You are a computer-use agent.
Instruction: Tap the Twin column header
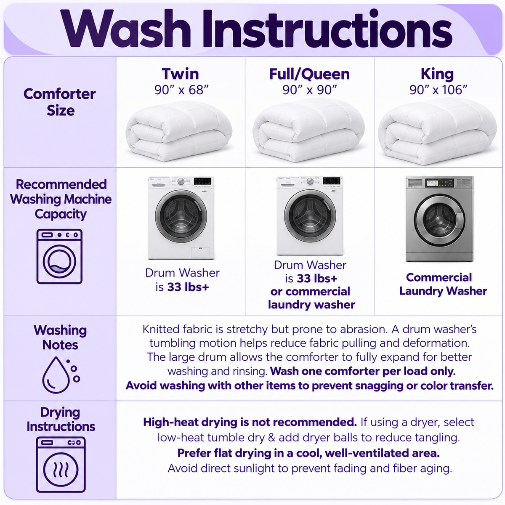180,74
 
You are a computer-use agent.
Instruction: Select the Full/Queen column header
309,74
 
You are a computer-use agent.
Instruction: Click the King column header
437,74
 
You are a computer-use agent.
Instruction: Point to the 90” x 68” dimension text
181,90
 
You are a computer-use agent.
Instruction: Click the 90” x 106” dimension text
438,90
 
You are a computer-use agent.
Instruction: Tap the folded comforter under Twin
179,131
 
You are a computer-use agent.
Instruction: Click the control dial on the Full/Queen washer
310,181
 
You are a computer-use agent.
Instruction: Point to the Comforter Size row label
60,102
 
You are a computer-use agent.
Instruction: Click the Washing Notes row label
60,338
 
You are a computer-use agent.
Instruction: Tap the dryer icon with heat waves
61,464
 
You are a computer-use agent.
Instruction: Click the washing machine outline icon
59,257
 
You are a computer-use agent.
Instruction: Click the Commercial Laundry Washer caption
443,284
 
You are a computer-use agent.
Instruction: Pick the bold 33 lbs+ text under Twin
188,287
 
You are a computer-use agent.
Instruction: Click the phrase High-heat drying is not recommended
250,422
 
